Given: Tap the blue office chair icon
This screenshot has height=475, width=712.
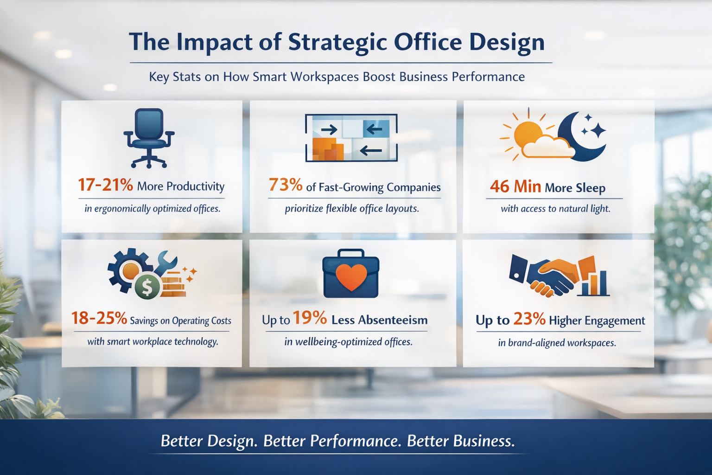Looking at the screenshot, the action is click(149, 138).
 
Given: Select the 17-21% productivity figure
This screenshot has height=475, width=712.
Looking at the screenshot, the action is click(106, 185).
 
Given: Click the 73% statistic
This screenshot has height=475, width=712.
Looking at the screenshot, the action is click(286, 185).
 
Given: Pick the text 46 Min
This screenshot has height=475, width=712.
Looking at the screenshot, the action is click(515, 187).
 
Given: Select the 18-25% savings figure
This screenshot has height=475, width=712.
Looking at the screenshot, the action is click(99, 318).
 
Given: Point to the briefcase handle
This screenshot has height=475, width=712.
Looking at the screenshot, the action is click(351, 253).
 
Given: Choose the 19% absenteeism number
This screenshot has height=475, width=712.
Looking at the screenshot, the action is click(310, 318).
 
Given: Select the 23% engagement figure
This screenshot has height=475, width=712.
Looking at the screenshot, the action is click(529, 319).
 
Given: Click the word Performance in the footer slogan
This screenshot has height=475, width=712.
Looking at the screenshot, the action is click(356, 442).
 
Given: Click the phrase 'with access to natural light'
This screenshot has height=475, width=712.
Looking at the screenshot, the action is click(555, 209).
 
